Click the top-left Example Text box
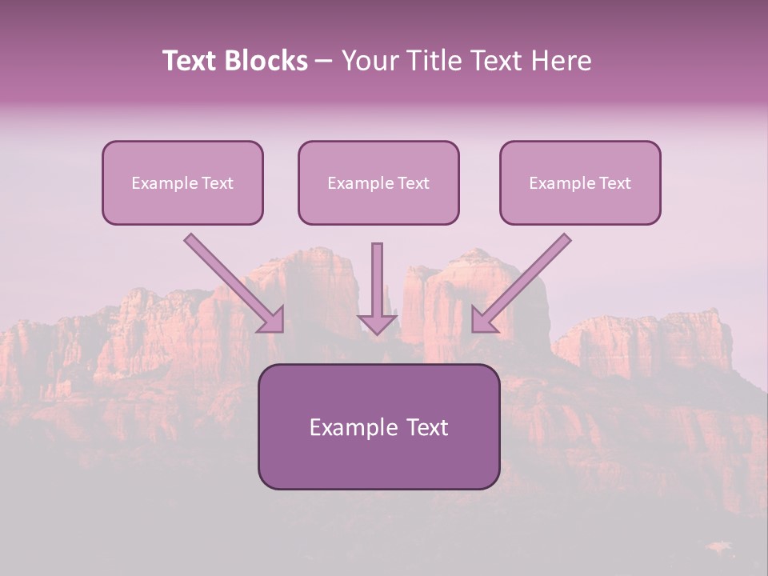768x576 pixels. coord(182,182)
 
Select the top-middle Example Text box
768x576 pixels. coord(378,182)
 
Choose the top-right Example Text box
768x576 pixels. coord(580,182)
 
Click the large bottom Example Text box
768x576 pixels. coord(378,426)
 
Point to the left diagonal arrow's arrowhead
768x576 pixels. coord(272,320)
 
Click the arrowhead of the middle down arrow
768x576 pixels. coord(378,323)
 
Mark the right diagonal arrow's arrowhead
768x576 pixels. coord(483,320)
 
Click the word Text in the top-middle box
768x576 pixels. coord(414,183)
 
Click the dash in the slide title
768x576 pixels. coord(324,61)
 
